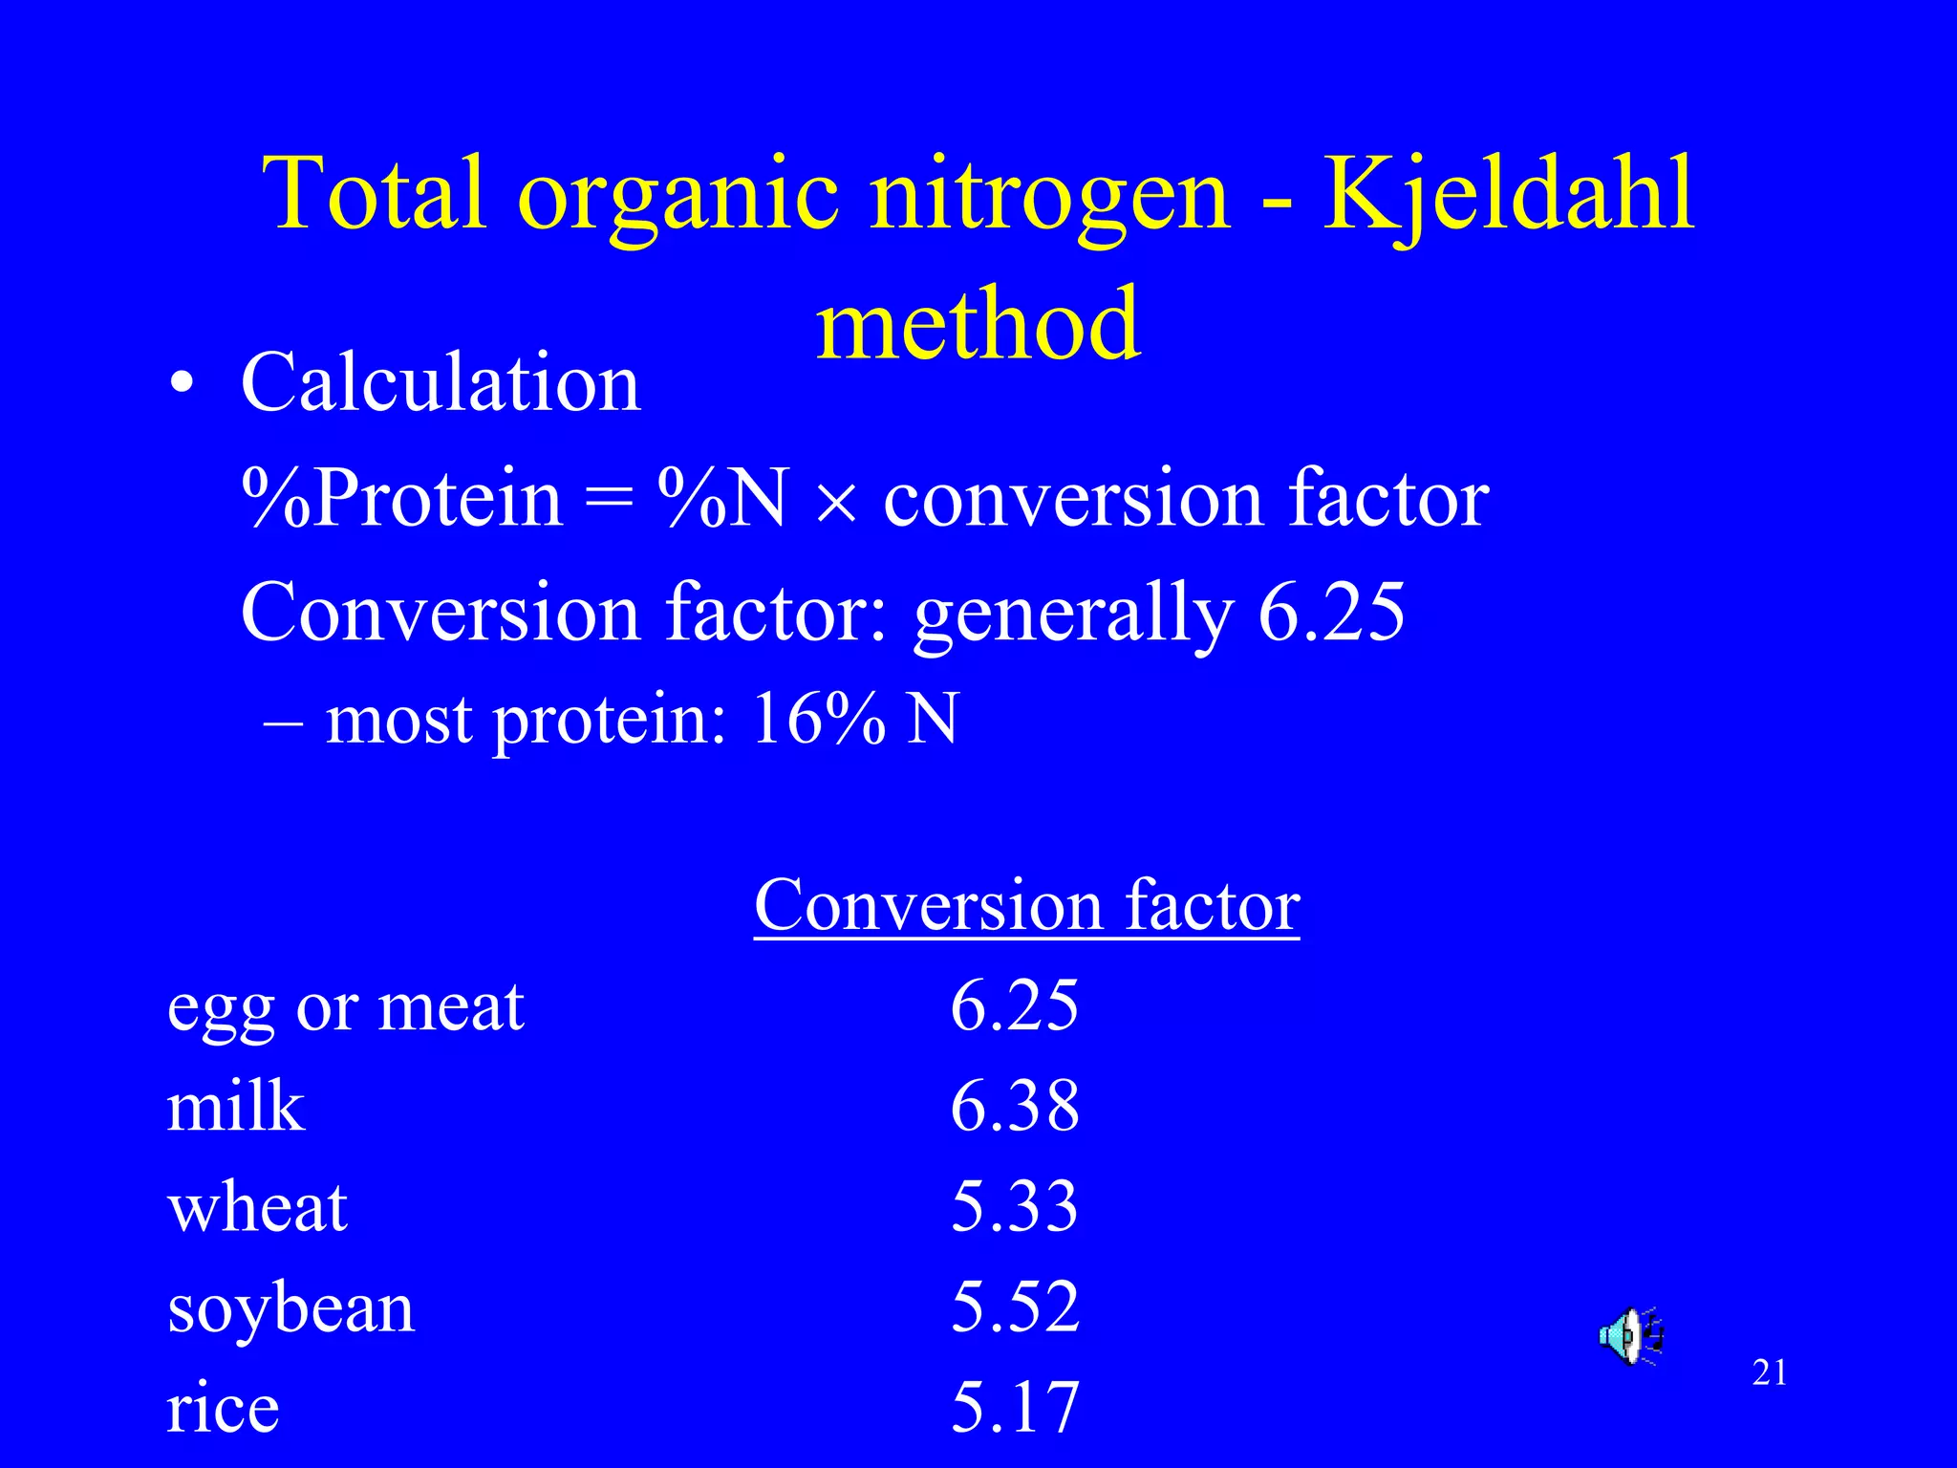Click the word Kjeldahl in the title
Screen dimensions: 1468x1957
pos(1509,196)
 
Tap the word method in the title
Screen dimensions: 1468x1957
pos(978,325)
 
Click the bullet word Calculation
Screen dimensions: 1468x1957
pos(441,382)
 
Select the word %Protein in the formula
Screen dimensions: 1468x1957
pos(402,498)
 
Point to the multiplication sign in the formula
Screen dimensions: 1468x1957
pos(836,502)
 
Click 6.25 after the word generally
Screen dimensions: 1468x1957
pos(1331,612)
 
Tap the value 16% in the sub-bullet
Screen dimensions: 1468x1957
pos(818,719)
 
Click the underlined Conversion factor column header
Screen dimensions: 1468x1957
pos(1026,905)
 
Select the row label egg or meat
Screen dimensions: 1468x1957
pos(345,1007)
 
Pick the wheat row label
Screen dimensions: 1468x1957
pos(257,1207)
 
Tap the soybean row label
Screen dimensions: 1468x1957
pos(290,1308)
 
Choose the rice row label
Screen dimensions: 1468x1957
pos(223,1408)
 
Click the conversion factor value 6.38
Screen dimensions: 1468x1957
pos(1015,1107)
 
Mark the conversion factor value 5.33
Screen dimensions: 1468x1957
pos(1015,1207)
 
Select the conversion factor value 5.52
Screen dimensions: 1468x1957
pos(1015,1306)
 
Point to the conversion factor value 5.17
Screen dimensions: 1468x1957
pos(1015,1408)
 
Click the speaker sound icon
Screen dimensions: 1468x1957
pos(1630,1335)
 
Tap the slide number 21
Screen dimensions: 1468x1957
pos(1770,1373)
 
